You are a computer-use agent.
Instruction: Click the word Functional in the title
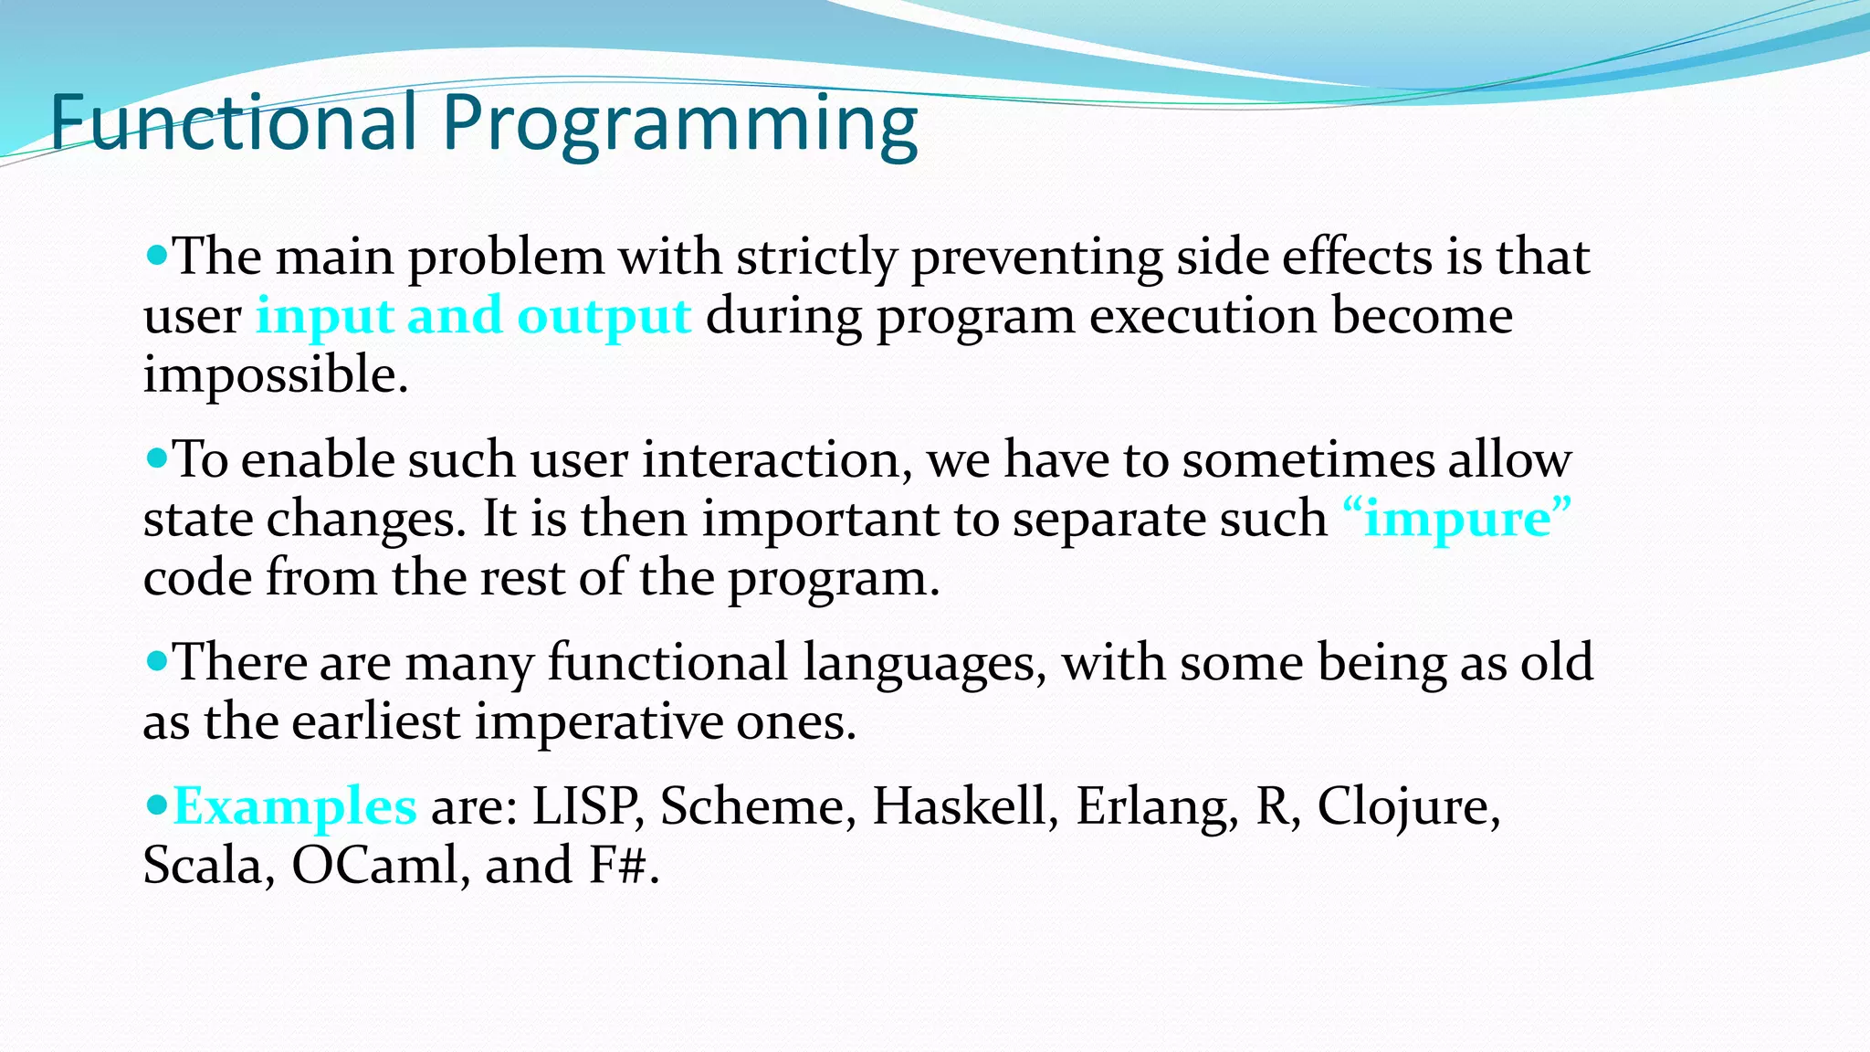[233, 123]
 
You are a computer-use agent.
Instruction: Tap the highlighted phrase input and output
[473, 316]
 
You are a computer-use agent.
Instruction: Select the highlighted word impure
[1457, 519]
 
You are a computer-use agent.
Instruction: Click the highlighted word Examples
[295, 806]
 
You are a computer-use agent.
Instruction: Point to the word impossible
[275, 375]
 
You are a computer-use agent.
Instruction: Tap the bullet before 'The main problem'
[157, 255]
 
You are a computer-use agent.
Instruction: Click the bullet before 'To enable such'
[157, 458]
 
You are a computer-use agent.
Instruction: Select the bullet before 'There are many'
[157, 660]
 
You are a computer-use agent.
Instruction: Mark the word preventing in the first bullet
[1036, 258]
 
